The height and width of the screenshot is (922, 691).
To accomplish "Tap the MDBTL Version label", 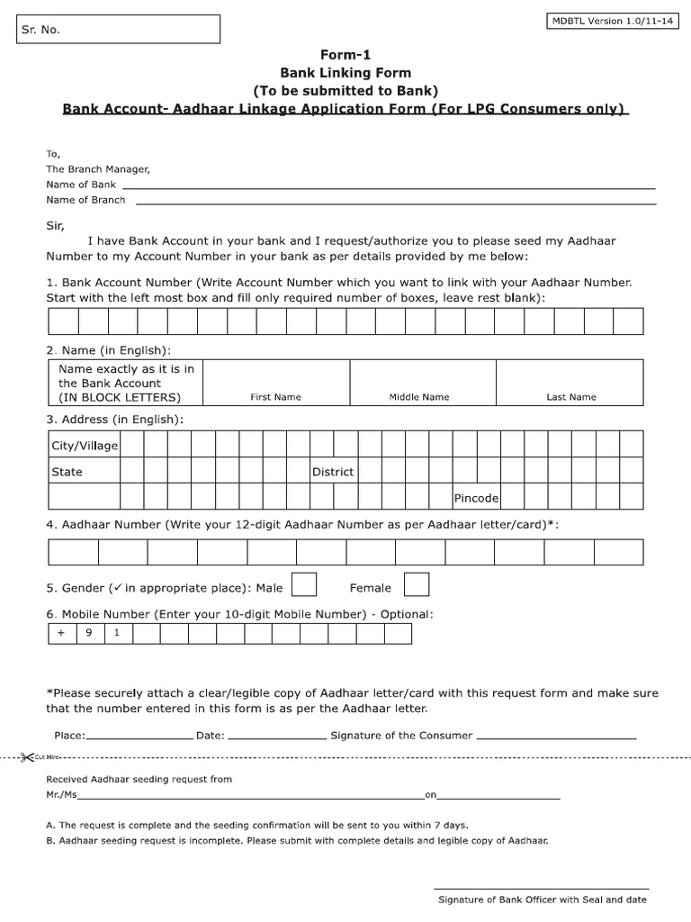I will [611, 22].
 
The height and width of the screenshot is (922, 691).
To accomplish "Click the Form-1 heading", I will [345, 55].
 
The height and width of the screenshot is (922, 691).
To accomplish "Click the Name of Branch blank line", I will [394, 201].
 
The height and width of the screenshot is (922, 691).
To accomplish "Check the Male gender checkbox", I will [305, 585].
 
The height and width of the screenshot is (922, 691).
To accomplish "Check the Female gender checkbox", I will [417, 585].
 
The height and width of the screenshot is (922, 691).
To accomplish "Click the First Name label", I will [275, 397].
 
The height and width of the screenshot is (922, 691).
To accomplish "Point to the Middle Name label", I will [419, 397].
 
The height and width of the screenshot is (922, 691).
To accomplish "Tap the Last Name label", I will [570, 397].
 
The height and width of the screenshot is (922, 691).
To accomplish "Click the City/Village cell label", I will [84, 445].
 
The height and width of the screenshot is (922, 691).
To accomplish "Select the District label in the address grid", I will [333, 472].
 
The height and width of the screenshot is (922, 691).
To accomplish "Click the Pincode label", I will [477, 498].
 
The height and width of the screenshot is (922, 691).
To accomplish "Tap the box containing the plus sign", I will [61, 633].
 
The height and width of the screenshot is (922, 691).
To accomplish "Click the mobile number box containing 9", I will [89, 633].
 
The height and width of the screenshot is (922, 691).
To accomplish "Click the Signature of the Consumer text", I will [401, 736].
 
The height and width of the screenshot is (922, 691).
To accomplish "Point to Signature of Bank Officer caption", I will [542, 899].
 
